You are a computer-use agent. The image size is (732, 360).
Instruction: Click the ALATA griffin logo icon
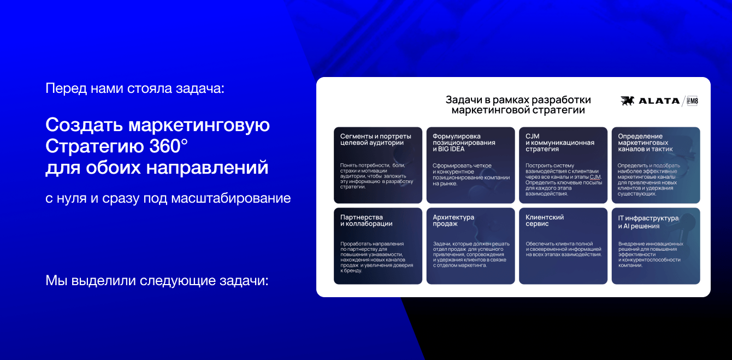click(x=628, y=101)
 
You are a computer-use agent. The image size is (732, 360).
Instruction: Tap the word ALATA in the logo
click(x=659, y=101)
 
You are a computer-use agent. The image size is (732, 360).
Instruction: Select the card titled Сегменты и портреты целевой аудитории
click(x=378, y=165)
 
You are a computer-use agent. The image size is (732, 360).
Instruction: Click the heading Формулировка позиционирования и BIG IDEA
click(x=464, y=143)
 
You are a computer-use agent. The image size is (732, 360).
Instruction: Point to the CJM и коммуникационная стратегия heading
click(x=560, y=143)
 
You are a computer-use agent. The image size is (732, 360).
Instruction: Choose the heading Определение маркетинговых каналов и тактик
click(x=645, y=143)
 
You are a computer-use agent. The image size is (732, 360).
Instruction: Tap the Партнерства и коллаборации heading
click(x=367, y=221)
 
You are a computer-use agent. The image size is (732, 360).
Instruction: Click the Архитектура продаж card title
click(x=453, y=221)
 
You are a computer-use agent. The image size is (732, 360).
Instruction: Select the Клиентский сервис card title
click(x=545, y=221)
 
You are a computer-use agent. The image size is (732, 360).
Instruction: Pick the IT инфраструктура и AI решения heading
click(x=648, y=222)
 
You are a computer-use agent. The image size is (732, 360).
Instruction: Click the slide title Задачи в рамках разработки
click(x=518, y=99)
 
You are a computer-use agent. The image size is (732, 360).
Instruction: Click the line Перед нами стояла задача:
click(x=135, y=88)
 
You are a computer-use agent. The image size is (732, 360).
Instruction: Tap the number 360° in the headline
click(x=169, y=146)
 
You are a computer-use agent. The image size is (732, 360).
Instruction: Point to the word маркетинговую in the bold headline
click(x=199, y=125)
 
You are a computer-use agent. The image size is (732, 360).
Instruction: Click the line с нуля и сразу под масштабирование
click(x=168, y=198)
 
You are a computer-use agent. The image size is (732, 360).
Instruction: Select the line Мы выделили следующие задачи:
click(x=157, y=281)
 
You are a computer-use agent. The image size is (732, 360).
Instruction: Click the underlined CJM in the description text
click(x=595, y=177)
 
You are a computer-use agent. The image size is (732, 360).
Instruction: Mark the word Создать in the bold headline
click(x=85, y=125)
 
